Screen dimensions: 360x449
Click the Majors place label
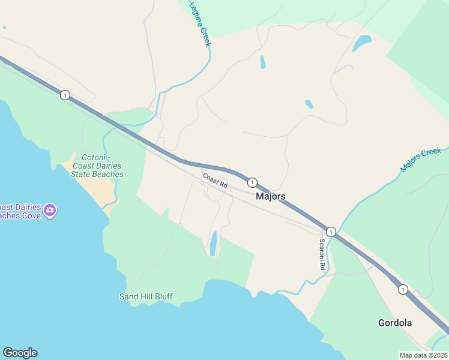pyautogui.click(x=270, y=196)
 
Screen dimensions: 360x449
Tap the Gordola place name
pyautogui.click(x=395, y=323)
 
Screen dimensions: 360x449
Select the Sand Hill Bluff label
pyautogui.click(x=146, y=296)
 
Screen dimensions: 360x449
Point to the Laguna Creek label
pyautogui.click(x=200, y=24)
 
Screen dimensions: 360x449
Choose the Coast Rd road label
pyautogui.click(x=215, y=181)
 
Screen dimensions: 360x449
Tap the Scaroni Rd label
pyautogui.click(x=322, y=254)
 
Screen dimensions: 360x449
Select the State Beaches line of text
pyautogui.click(x=97, y=174)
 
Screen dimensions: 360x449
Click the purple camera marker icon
pyautogui.click(x=50, y=210)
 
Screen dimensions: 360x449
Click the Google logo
pyautogui.click(x=20, y=353)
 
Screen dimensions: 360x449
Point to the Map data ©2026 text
pyautogui.click(x=424, y=355)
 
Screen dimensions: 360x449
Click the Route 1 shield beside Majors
pyautogui.click(x=253, y=182)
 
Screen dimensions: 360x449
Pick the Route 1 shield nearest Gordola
pyautogui.click(x=402, y=289)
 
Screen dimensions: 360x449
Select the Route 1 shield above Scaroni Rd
pyautogui.click(x=331, y=231)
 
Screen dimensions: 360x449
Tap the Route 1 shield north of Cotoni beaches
pyautogui.click(x=65, y=95)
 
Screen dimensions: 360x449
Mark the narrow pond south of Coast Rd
pyautogui.click(x=213, y=243)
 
